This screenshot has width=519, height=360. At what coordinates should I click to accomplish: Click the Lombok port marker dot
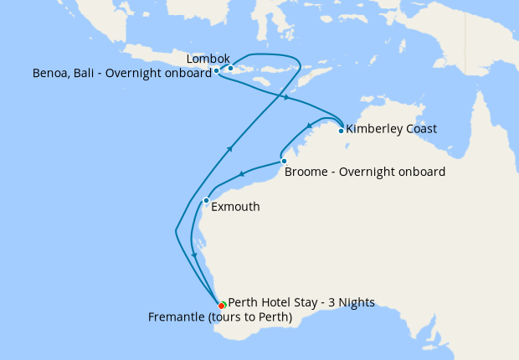coord(230,69)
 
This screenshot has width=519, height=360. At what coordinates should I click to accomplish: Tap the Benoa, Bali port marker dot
coord(217,71)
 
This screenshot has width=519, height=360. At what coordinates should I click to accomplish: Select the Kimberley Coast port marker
coord(341,131)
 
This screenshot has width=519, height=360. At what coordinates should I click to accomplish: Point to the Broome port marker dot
coord(284,161)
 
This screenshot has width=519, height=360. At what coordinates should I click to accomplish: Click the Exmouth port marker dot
coord(206,200)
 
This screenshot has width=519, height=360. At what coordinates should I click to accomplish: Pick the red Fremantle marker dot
coord(221,306)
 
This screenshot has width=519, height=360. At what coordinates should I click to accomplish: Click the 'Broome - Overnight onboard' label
coord(365,172)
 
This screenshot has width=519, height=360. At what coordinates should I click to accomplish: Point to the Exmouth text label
coord(236,207)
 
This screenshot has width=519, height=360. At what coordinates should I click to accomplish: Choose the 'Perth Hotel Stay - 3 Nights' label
coord(301,302)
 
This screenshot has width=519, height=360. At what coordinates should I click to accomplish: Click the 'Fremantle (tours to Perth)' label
coord(219,316)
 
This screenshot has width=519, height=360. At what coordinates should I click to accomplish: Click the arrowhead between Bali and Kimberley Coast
coord(287,98)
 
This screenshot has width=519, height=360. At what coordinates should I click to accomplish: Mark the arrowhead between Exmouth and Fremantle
coord(194,255)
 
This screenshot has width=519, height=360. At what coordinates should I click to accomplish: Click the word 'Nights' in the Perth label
coord(357,302)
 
